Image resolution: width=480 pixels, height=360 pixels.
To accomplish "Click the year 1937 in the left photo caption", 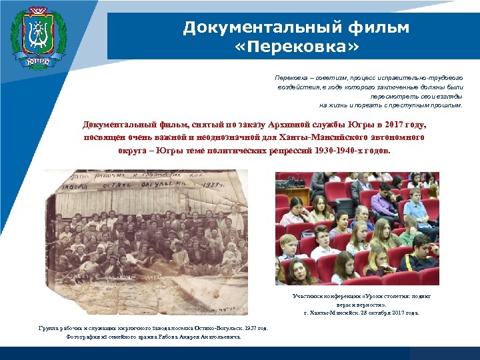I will [249, 328].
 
